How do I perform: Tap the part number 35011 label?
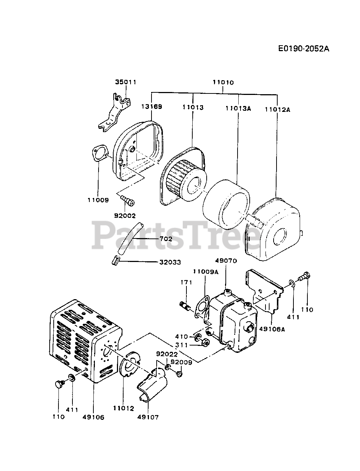(125, 82)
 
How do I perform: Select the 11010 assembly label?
(223, 82)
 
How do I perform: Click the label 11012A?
(277, 109)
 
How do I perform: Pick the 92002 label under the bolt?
(125, 216)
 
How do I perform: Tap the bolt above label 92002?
(127, 201)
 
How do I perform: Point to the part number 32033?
(170, 262)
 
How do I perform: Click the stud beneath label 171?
(185, 305)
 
